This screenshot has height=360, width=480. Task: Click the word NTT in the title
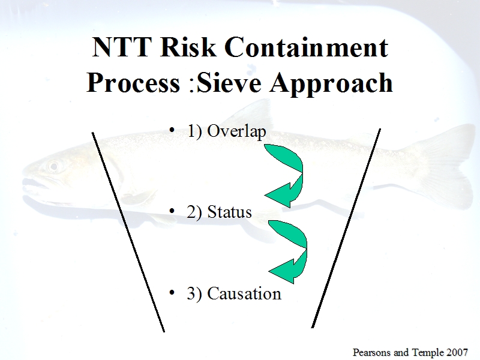[x=122, y=47]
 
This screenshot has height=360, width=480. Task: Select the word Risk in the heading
[x=188, y=47]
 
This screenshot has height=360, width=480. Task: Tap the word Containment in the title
[x=307, y=47]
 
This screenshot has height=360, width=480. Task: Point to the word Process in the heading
[x=133, y=83]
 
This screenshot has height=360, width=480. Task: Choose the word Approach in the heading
[x=331, y=83]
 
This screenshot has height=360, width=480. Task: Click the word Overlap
[x=236, y=131]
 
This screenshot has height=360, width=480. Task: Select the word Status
[x=229, y=212]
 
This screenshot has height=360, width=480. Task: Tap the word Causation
[x=244, y=293]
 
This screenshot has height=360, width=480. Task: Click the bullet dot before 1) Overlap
[x=172, y=130]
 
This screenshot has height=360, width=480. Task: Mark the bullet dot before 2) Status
[x=172, y=211]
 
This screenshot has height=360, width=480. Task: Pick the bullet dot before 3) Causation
[x=172, y=293]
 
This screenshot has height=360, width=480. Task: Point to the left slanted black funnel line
[x=128, y=232]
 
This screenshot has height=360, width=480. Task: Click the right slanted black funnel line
[x=346, y=229]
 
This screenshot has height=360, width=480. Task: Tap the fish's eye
[x=54, y=167]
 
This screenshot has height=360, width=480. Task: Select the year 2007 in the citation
[x=457, y=352]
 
